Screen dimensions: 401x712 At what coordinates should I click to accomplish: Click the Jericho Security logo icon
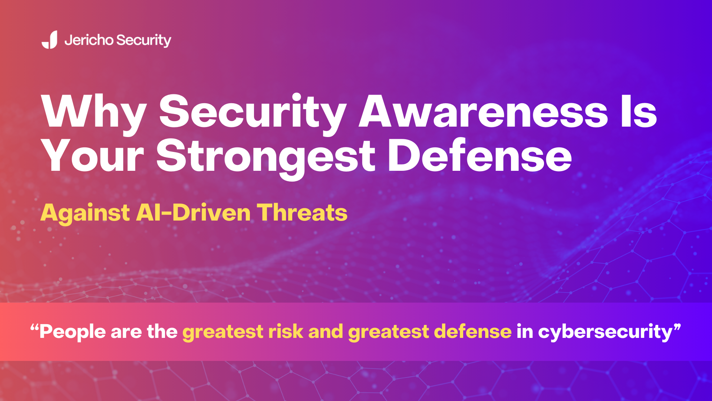(x=50, y=40)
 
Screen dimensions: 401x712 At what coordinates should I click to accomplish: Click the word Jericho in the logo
(x=89, y=40)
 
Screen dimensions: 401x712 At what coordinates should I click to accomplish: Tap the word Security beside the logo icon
(x=144, y=40)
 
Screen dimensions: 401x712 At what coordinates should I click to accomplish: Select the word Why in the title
(x=93, y=111)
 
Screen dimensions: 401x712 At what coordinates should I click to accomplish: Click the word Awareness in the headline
(x=483, y=111)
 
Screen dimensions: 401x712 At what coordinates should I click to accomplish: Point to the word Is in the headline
(x=639, y=111)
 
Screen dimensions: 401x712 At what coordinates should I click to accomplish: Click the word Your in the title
(x=93, y=156)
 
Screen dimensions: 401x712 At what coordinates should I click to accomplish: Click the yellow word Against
(x=85, y=213)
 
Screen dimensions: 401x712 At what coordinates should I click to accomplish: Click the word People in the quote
(x=73, y=332)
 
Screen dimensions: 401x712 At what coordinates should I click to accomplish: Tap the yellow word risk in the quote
(x=286, y=331)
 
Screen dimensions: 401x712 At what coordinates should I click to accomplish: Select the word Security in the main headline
(x=253, y=111)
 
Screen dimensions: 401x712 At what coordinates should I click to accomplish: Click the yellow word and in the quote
(x=325, y=331)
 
